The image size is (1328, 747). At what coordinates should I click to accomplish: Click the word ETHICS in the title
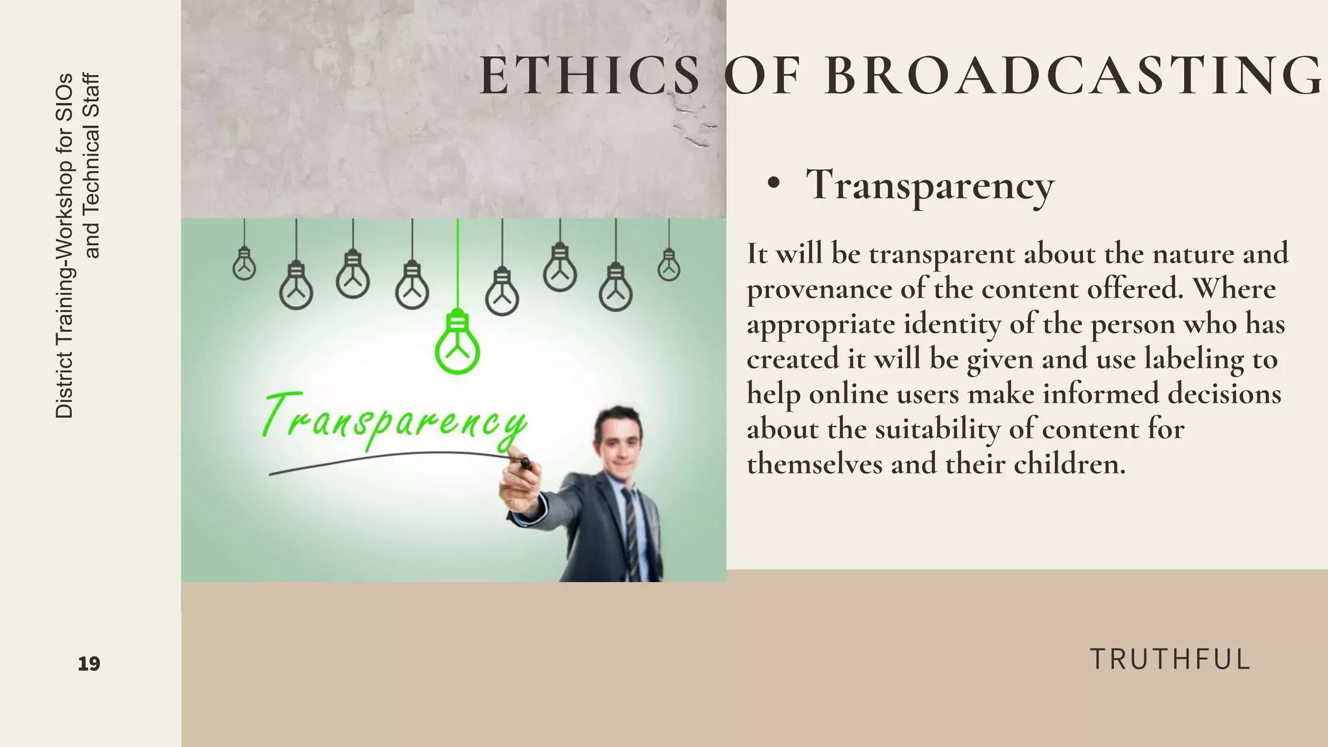click(589, 77)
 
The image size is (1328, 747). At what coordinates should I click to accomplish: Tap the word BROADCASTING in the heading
click(1073, 77)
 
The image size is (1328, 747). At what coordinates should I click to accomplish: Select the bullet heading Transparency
click(930, 185)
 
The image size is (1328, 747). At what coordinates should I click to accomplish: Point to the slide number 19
click(89, 664)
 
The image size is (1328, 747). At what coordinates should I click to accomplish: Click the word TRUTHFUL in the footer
click(1170, 659)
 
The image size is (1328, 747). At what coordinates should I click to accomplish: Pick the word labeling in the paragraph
click(1193, 359)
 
